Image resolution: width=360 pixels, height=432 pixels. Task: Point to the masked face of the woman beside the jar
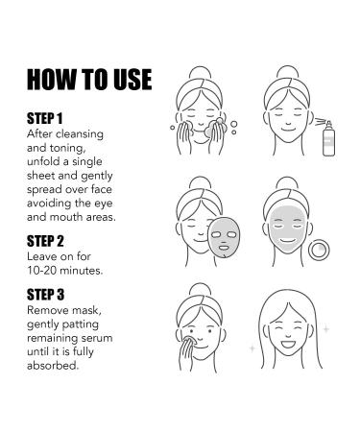(292, 230)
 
